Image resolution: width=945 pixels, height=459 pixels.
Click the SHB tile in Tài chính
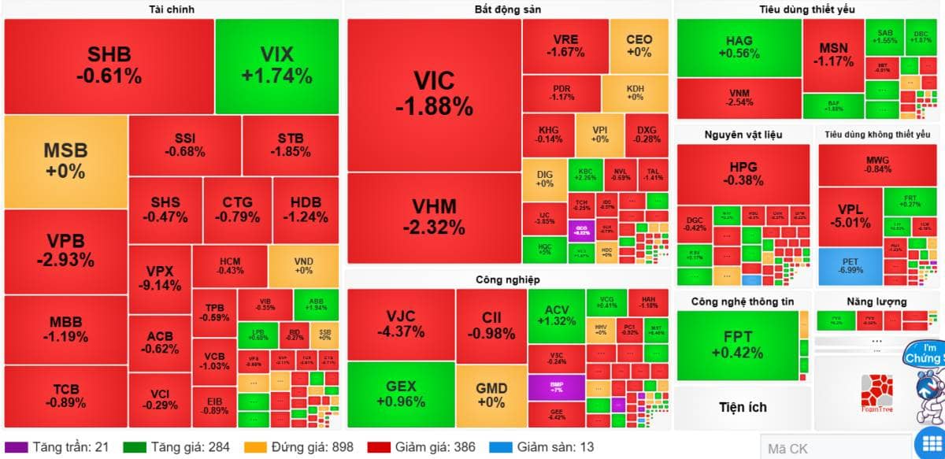click(109, 65)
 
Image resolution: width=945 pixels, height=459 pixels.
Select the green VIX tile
click(276, 65)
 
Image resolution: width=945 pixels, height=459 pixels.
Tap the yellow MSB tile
click(65, 161)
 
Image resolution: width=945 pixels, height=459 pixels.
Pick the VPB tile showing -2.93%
click(65, 250)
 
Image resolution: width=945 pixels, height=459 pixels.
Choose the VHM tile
click(434, 217)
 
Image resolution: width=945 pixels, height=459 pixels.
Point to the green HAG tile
click(739, 47)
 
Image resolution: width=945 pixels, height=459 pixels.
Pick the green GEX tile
click(401, 394)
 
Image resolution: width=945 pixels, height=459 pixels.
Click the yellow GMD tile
click(491, 394)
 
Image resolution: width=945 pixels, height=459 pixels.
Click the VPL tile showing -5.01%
click(850, 217)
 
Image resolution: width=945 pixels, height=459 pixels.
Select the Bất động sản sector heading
click(507, 9)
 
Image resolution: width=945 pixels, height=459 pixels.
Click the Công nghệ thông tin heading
click(742, 302)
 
